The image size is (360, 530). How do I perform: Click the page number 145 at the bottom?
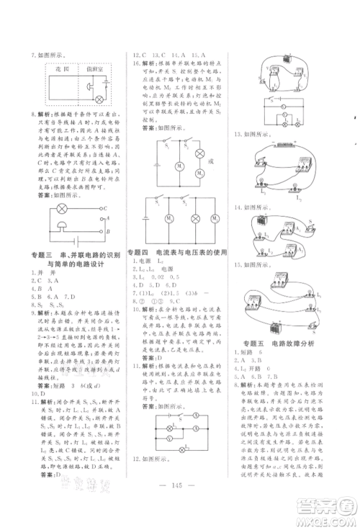click(179, 505)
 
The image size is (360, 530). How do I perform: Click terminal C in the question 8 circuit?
click(105, 209)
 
